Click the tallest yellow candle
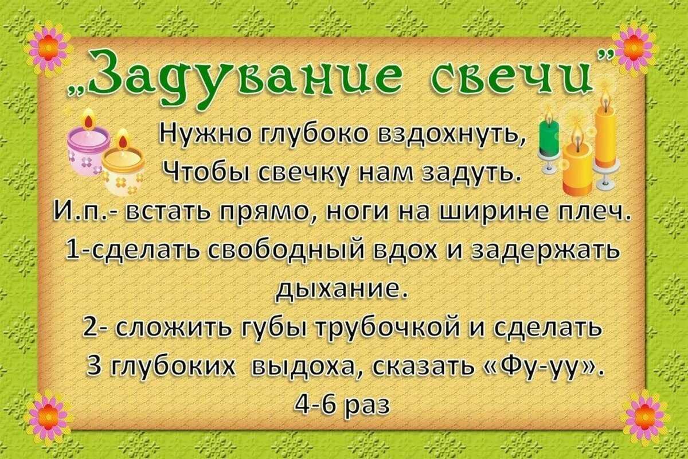click(x=605, y=138)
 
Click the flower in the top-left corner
click(x=48, y=46)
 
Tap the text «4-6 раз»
click(x=342, y=404)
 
